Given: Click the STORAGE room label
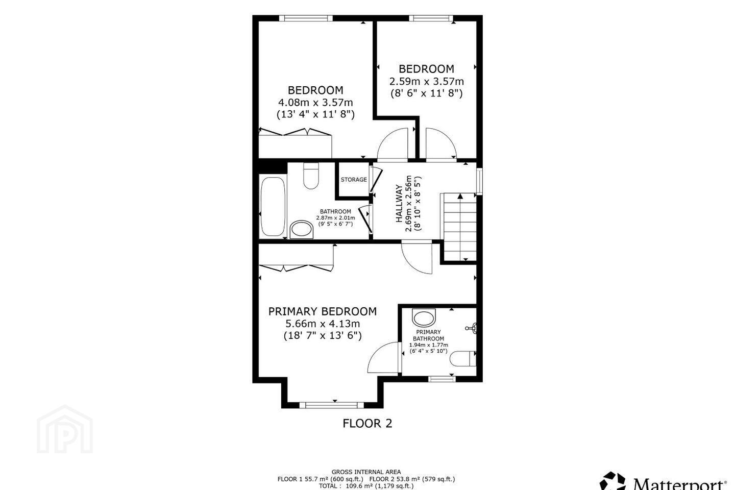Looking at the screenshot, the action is point(354,180).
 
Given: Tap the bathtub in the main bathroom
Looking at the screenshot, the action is point(273,206).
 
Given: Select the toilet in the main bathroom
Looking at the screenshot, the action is point(311,176).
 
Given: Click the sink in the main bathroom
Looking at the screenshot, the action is point(302,229).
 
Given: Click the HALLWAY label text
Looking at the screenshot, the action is point(399,204).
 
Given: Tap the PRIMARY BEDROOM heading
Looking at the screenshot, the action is point(323,311).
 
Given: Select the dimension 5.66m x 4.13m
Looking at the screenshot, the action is point(323,324).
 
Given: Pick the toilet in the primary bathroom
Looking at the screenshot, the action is point(462,359).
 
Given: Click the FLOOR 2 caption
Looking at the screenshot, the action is point(367,423).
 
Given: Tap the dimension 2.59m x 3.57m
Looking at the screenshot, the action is point(427,81).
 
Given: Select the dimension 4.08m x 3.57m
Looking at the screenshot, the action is point(315,103).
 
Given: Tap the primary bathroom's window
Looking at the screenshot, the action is point(442,379).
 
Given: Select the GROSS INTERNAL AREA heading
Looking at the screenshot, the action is point(366,472).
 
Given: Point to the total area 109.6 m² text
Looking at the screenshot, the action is point(366,486).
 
